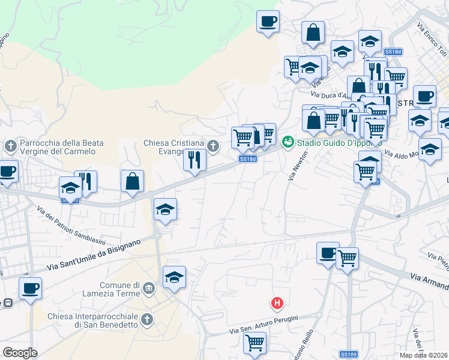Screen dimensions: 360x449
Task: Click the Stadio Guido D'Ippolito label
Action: (x=331, y=142)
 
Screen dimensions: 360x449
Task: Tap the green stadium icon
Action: (x=288, y=141)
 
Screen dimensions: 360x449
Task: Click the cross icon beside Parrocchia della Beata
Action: (x=10, y=146)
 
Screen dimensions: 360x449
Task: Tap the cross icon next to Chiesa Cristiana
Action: (x=212, y=145)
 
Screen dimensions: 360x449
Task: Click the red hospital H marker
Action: (x=277, y=304)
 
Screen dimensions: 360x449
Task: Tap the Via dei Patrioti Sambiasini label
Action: (x=70, y=227)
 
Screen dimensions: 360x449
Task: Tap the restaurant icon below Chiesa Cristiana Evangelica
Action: (x=194, y=160)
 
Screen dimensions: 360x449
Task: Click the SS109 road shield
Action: (x=348, y=355)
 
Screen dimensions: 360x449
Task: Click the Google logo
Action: (x=20, y=353)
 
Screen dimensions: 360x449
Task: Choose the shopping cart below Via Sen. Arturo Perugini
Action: (x=255, y=343)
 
